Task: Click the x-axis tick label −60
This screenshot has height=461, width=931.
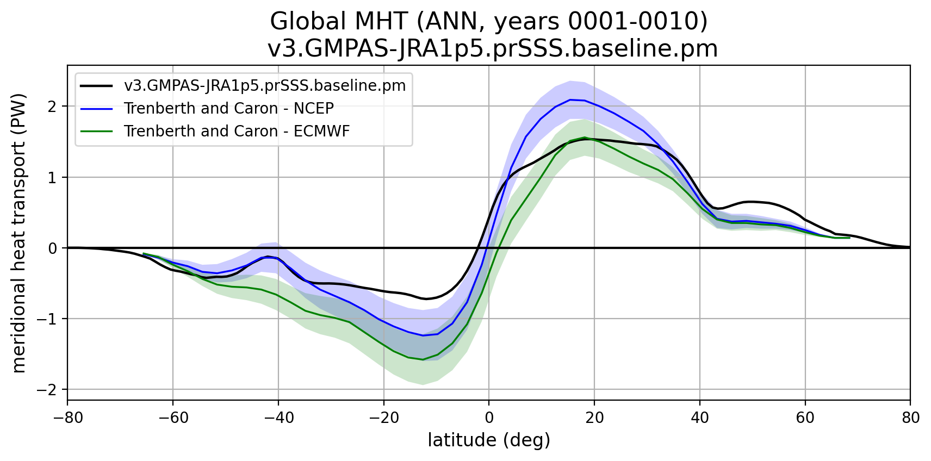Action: point(172,418)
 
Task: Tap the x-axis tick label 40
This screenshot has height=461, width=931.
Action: point(700,418)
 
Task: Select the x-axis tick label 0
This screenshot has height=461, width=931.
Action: point(489,418)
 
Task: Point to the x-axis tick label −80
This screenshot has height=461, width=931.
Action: point(67,418)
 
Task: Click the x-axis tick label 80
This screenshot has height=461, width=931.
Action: point(911,418)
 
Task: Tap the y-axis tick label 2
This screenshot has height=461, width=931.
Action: point(52,107)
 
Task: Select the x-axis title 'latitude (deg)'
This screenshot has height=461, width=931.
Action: point(489,440)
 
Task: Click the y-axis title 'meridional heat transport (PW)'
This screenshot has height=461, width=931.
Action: point(20,233)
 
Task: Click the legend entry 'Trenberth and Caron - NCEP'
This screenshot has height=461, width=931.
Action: point(228,109)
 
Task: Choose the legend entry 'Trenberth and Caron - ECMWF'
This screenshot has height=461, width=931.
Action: point(237,132)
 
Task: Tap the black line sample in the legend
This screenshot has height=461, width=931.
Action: point(96,86)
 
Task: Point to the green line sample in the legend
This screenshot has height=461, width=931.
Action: point(96,132)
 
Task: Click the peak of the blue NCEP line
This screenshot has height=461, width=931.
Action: point(570,99)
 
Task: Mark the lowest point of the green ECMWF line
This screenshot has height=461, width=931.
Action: point(423,359)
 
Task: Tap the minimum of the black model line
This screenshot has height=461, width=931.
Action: point(427,299)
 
